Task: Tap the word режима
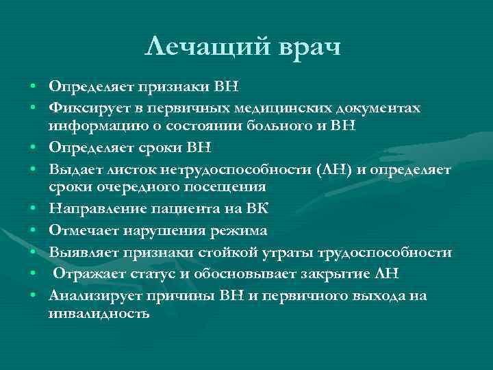(240, 231)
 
